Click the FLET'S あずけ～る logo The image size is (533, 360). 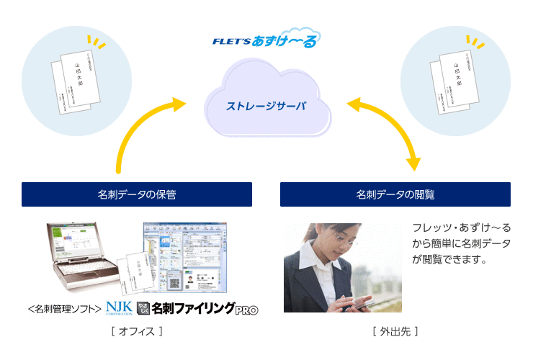[x=266, y=40]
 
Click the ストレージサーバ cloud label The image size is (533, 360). [x=266, y=106]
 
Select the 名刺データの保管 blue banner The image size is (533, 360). [x=137, y=194]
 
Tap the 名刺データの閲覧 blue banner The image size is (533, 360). [x=395, y=194]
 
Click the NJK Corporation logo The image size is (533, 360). [x=118, y=308]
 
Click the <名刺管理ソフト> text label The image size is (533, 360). [x=65, y=309]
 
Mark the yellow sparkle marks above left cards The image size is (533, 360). [x=94, y=42]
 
